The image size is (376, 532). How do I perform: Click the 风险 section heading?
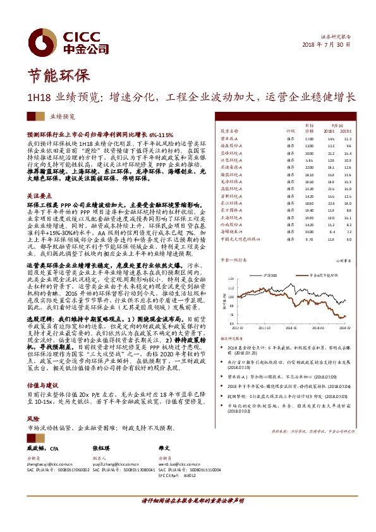coord(33,418)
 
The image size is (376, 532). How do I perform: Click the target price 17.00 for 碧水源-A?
coord(309,138)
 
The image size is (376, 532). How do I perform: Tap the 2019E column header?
coord(348,131)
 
